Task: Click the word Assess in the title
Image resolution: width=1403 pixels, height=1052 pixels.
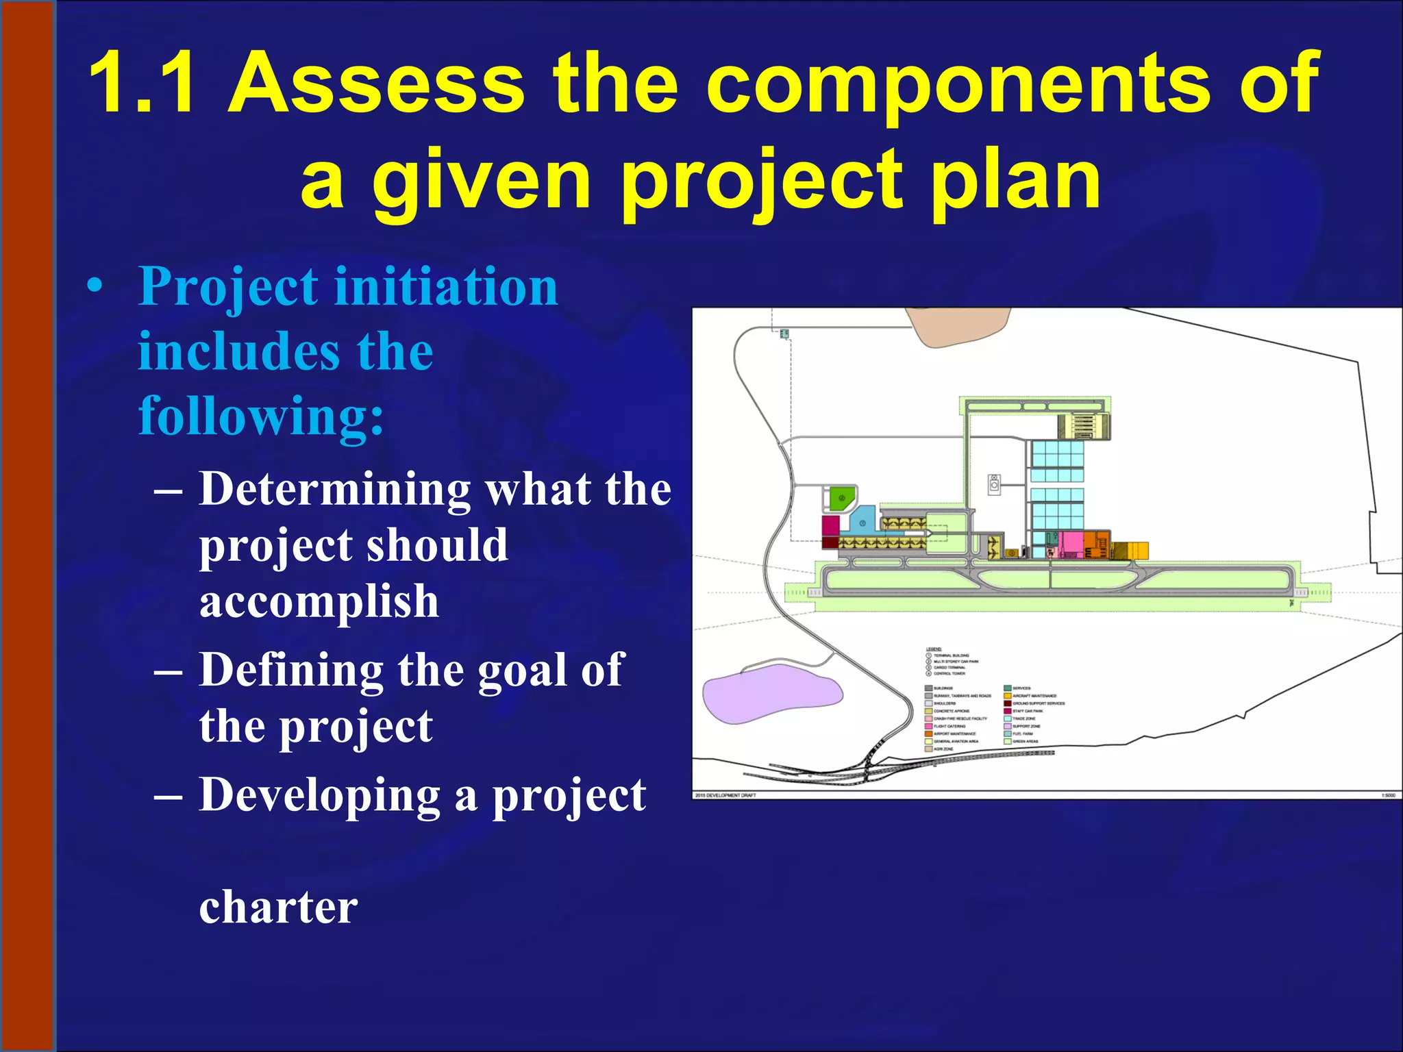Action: [x=376, y=83]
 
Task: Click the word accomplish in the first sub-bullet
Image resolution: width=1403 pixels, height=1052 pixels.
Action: [x=319, y=601]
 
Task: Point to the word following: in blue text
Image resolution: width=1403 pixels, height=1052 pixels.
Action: [x=261, y=416]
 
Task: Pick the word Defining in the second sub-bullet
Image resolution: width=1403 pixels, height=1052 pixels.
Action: [x=291, y=669]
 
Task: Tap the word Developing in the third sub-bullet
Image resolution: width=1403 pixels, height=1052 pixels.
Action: [x=320, y=795]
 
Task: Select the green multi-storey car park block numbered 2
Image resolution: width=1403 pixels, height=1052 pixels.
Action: [x=842, y=498]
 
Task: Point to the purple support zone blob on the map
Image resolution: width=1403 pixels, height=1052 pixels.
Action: [x=771, y=692]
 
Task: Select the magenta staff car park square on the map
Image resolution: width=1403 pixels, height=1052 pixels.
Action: [x=831, y=526]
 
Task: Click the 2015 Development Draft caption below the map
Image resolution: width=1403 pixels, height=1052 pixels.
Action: [x=725, y=795]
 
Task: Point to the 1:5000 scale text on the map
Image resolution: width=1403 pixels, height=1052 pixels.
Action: [x=1388, y=795]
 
